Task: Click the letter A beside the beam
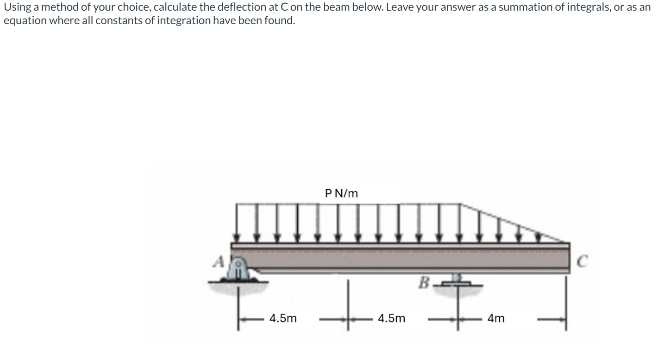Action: point(219,262)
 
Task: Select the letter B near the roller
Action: point(424,283)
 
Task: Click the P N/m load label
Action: point(342,193)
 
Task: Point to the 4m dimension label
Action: point(496,318)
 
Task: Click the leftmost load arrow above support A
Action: point(238,222)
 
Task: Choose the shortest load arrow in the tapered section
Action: point(538,237)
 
